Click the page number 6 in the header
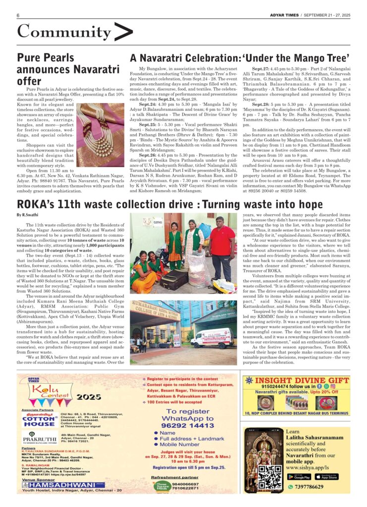click(18, 15)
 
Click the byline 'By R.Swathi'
click(27, 214)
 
